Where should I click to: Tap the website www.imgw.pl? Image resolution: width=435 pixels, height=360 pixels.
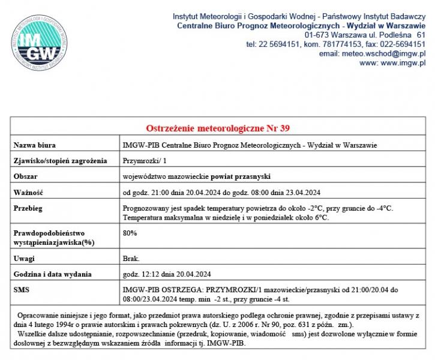402,62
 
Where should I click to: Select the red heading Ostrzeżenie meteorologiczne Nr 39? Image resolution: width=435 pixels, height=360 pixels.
218,128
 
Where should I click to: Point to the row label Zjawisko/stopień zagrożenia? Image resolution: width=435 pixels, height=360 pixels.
60,160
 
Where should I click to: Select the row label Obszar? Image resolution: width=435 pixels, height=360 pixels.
26,176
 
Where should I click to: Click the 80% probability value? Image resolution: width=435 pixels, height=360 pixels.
130,232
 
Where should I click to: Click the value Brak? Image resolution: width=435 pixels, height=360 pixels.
131,259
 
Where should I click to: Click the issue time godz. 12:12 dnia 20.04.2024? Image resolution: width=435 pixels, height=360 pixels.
166,274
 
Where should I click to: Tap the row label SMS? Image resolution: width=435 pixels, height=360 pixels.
22,290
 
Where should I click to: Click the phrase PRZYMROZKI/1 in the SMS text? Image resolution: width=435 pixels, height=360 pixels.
233,290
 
